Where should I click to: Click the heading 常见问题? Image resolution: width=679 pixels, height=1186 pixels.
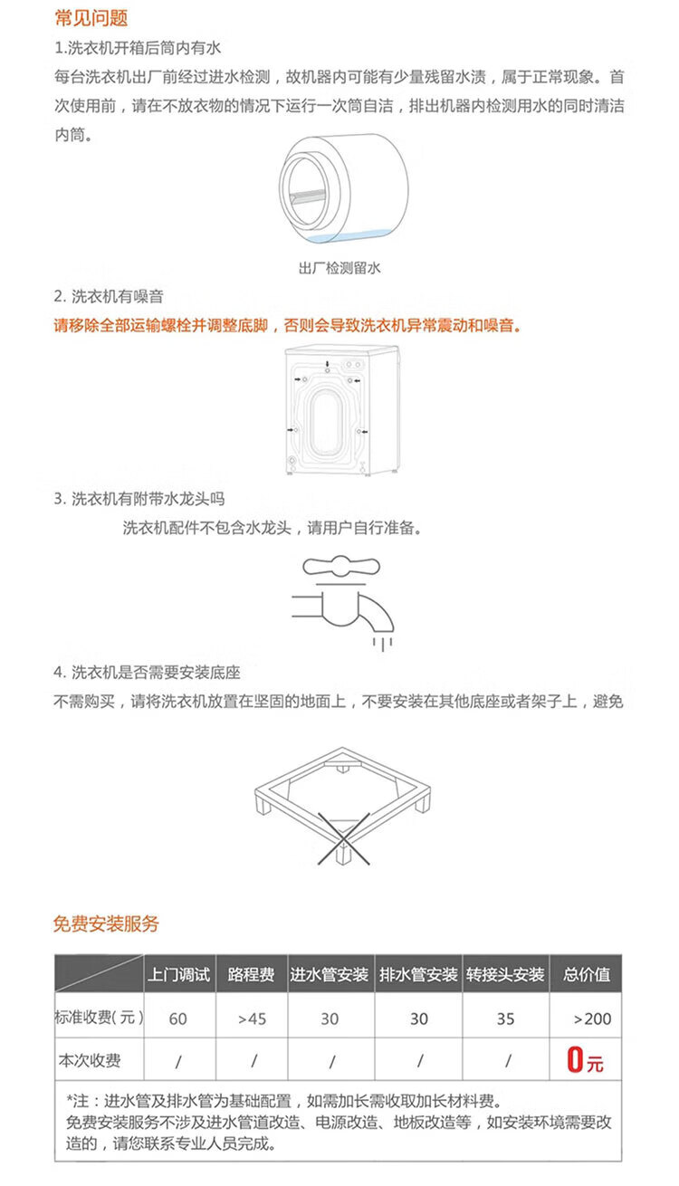coord(91,18)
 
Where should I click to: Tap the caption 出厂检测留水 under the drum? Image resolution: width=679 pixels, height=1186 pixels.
coord(339,268)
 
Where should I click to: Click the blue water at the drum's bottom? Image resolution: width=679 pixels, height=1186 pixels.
coord(350,237)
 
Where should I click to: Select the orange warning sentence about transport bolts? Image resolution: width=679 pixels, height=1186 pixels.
coord(288,325)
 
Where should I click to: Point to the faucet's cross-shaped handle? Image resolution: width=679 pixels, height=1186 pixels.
coord(341,566)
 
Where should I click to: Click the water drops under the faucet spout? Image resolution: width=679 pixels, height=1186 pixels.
coord(382,644)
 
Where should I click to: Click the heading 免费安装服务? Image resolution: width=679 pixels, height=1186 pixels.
coord(107,923)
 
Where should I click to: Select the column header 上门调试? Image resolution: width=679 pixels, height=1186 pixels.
coord(179,974)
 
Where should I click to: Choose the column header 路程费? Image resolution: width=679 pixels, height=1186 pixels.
coord(251,974)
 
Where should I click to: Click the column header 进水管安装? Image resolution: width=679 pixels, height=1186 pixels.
coord(329,974)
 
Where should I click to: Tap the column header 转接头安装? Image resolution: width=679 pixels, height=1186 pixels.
coord(505,974)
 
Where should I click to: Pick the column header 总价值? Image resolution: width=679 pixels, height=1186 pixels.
coord(587,974)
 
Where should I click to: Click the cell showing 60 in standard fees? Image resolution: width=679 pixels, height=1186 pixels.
coord(178,1019)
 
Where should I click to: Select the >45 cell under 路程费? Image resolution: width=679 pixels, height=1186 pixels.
coord(252,1019)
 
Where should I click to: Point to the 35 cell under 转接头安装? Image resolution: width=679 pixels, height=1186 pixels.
coord(505,1019)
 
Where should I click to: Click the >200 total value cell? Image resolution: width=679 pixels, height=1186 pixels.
coord(593,1019)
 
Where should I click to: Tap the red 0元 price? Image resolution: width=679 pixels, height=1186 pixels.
coord(585,1059)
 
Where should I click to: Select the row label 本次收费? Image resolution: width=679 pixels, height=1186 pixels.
coord(90,1060)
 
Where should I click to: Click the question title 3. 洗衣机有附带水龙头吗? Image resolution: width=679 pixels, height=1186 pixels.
coord(139,499)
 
